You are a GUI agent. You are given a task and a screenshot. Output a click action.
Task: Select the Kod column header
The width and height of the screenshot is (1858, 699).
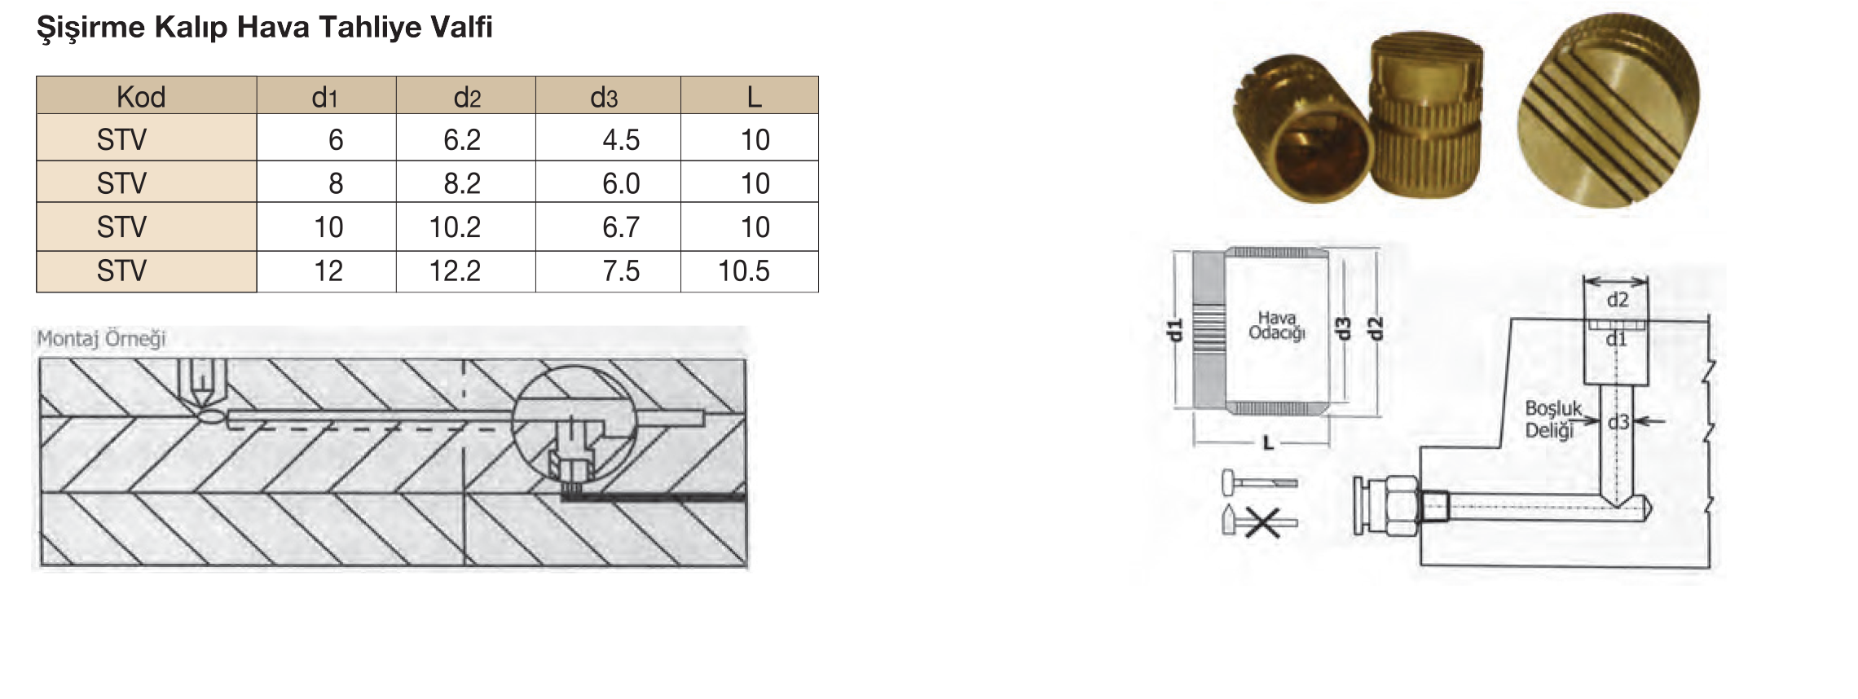pyautogui.click(x=141, y=97)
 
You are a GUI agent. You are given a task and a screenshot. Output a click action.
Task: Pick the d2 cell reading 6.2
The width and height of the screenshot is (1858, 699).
pyautogui.click(x=462, y=139)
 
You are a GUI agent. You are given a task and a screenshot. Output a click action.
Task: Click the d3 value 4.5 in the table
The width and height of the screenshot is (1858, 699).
pyautogui.click(x=621, y=139)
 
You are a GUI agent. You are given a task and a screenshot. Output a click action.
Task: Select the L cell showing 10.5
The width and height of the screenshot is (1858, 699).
pyautogui.click(x=743, y=270)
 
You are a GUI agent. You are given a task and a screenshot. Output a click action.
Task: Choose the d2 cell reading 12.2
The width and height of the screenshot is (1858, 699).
pyautogui.click(x=455, y=270)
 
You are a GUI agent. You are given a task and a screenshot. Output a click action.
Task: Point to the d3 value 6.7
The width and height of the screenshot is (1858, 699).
pyautogui.click(x=621, y=226)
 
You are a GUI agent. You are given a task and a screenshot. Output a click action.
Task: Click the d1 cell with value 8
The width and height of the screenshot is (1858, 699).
pyautogui.click(x=336, y=183)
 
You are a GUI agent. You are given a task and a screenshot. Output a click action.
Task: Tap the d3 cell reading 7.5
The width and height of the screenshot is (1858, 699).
pyautogui.click(x=621, y=270)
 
